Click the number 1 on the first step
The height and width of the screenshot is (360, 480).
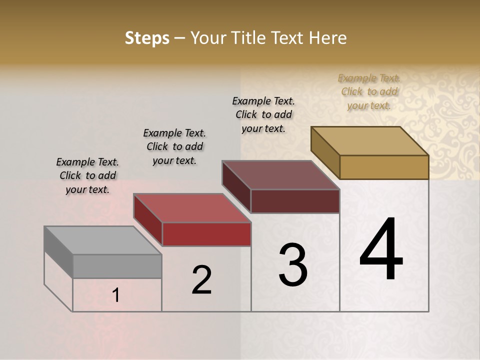116,295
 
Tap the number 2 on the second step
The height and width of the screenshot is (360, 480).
201,280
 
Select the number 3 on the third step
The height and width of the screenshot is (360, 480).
293,264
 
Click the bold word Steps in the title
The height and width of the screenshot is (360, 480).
146,38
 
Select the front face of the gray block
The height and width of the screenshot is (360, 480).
117,266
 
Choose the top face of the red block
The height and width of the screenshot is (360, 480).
192,208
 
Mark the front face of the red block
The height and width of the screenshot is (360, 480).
206,234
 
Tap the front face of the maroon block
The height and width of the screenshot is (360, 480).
295,201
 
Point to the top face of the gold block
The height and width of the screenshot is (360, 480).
370,141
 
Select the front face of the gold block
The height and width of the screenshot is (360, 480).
384,167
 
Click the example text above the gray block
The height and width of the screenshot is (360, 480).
87,175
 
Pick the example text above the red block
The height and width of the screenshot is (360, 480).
174,146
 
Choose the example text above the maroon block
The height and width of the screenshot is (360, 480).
263,114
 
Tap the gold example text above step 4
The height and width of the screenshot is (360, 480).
369,91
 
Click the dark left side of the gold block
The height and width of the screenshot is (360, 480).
325,152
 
